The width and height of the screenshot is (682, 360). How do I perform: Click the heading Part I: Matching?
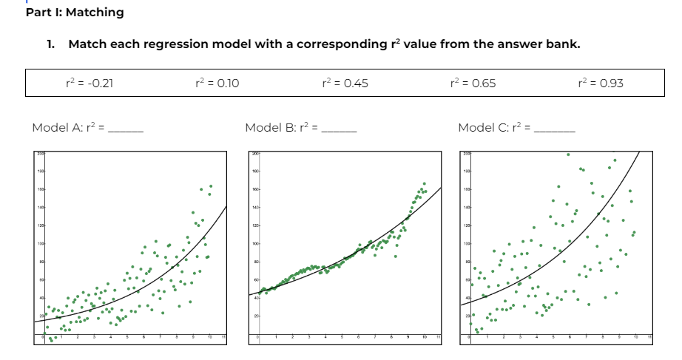pyautogui.click(x=75, y=13)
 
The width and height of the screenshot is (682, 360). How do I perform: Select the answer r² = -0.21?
pyautogui.click(x=90, y=83)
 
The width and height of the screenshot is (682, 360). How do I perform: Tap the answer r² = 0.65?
pyautogui.click(x=473, y=83)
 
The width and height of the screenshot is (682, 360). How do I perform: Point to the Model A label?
pyautogui.click(x=57, y=127)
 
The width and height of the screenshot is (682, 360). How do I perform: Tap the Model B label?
pyautogui.click(x=270, y=127)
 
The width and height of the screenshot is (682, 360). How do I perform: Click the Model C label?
pyautogui.click(x=484, y=127)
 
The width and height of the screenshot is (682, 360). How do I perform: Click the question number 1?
pyautogui.click(x=50, y=44)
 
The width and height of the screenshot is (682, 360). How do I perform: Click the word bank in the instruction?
pyautogui.click(x=564, y=44)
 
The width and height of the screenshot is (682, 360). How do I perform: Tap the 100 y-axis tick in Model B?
pyautogui.click(x=254, y=243)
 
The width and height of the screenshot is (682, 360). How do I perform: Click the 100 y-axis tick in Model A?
pyautogui.click(x=40, y=243)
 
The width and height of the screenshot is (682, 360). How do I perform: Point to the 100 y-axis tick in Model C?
pyautogui.click(x=467, y=243)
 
